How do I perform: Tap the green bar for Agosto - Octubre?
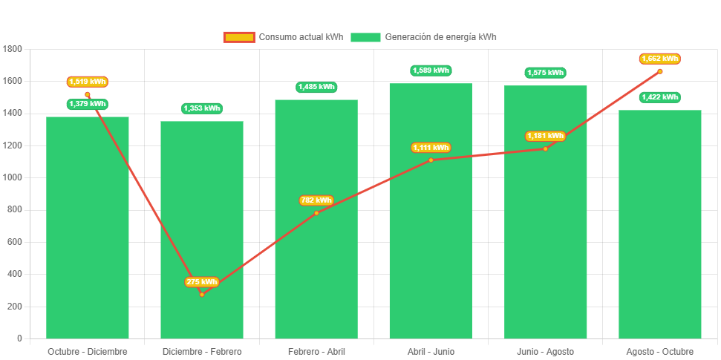point(660,223)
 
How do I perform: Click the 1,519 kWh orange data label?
point(88,82)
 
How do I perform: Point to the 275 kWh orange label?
point(202,282)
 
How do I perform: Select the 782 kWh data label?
point(316,200)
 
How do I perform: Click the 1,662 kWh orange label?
point(660,59)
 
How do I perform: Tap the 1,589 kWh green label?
point(431,71)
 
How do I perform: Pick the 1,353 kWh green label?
point(202,108)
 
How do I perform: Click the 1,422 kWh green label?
point(660,97)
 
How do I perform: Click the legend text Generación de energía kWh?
point(440,37)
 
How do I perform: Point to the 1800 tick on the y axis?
point(13,49)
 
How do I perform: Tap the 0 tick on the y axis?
point(19,338)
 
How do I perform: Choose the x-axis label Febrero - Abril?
point(316,351)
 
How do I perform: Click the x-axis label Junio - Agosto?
point(545,351)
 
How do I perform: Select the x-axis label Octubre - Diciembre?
point(88,351)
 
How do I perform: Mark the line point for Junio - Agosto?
point(545,148)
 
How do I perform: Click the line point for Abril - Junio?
point(431,160)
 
